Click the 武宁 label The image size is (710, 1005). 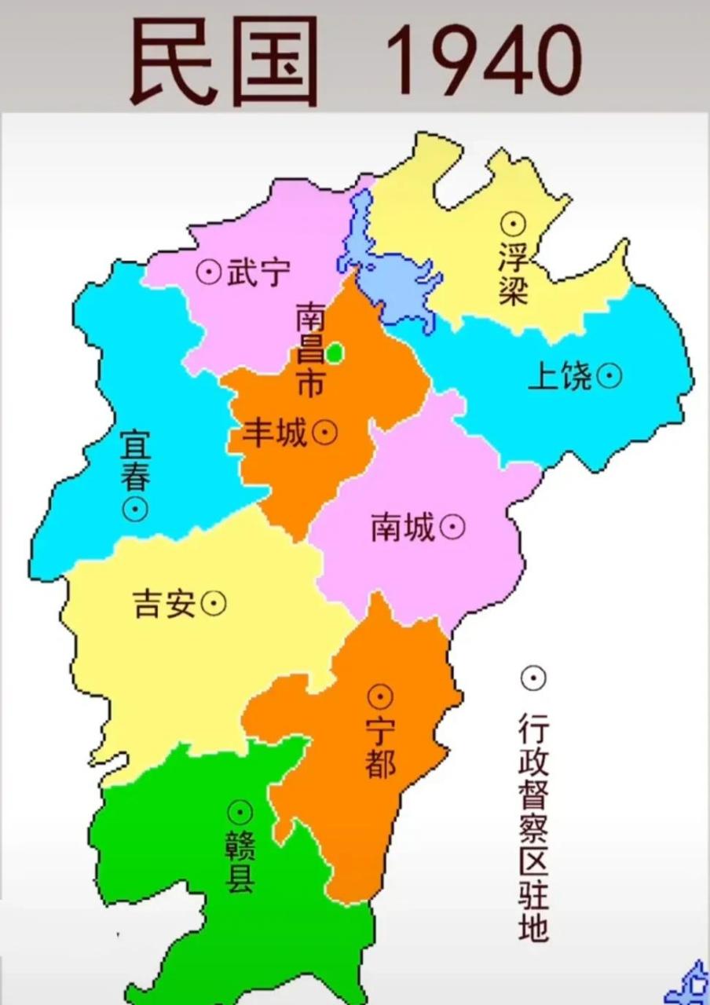(x=258, y=272)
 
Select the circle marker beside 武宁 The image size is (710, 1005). (x=208, y=272)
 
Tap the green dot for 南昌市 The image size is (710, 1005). (x=335, y=353)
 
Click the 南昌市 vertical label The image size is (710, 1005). (x=310, y=350)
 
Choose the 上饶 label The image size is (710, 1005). (x=559, y=378)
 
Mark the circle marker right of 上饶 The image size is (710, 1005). (x=609, y=377)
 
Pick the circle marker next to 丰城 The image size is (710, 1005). (x=324, y=432)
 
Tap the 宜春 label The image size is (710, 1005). (x=136, y=462)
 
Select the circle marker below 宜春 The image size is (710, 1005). (x=136, y=509)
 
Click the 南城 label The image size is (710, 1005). (x=403, y=528)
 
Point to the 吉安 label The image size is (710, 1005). (x=164, y=604)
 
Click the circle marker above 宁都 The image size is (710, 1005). (x=381, y=696)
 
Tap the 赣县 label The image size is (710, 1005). (x=240, y=862)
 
